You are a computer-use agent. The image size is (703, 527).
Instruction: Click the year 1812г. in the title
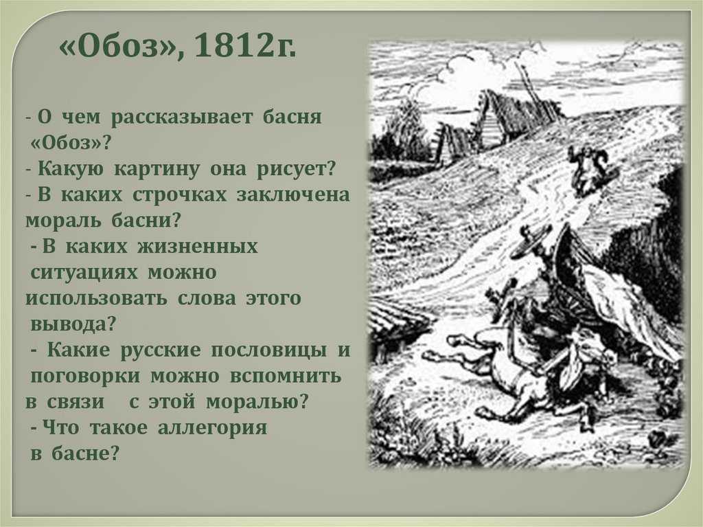click(x=245, y=47)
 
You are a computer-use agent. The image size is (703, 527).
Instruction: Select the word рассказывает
click(x=181, y=117)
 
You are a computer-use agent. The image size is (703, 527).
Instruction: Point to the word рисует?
click(x=296, y=169)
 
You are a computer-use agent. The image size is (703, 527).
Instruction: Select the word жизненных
click(x=198, y=247)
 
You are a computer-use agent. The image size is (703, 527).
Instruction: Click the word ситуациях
click(x=84, y=273)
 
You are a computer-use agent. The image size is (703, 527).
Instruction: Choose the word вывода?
click(x=73, y=324)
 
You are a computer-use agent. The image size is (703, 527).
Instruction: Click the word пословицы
click(x=268, y=350)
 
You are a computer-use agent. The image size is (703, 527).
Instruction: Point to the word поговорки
click(x=85, y=377)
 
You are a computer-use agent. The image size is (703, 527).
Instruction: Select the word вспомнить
click(x=286, y=377)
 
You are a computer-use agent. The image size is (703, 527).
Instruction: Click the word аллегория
click(x=212, y=428)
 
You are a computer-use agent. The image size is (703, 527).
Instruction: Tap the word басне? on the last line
click(x=86, y=453)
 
